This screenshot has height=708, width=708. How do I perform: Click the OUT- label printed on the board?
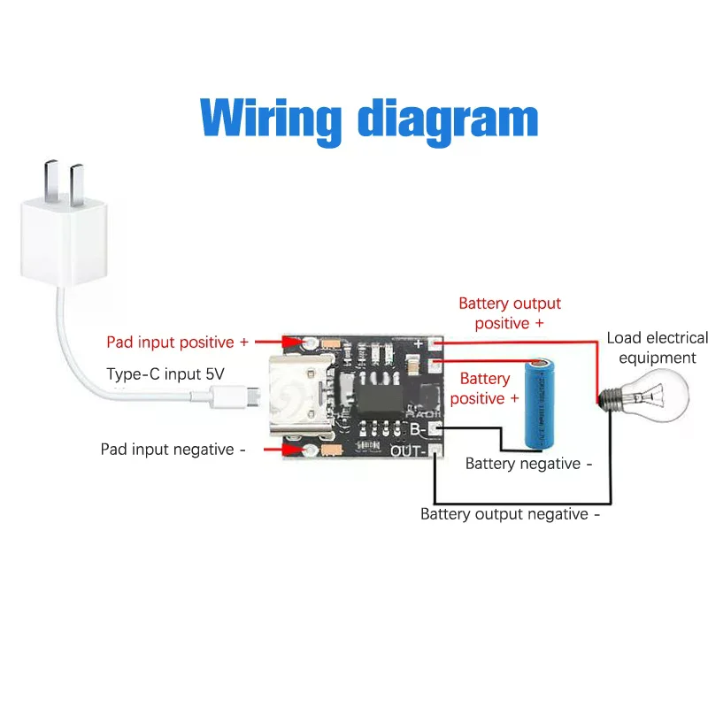click(410, 452)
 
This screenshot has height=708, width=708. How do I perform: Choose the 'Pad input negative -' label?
click(173, 450)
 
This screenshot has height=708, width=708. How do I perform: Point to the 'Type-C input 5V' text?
click(165, 373)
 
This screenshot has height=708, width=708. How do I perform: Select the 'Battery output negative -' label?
click(510, 514)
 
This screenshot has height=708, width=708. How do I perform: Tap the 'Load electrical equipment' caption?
click(657, 348)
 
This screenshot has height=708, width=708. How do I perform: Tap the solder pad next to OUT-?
click(435, 451)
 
